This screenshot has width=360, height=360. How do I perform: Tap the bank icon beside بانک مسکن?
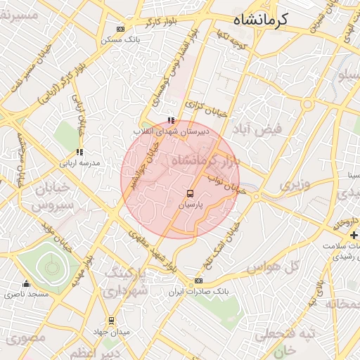click(x=120, y=29)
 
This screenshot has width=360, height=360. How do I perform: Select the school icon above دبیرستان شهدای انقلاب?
click(x=171, y=120)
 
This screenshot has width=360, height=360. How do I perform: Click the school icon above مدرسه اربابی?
click(x=79, y=151)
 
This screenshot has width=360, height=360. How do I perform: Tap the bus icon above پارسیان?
click(x=190, y=193)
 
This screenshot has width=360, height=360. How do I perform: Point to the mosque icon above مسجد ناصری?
click(x=27, y=283)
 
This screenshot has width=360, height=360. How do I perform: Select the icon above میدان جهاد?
click(x=110, y=319)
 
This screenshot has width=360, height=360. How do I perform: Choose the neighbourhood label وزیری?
click(x=295, y=185)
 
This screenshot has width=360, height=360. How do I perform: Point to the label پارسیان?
click(x=190, y=205)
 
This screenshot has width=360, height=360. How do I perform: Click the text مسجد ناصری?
click(x=27, y=294)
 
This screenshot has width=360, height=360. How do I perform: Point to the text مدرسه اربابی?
click(x=82, y=162)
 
